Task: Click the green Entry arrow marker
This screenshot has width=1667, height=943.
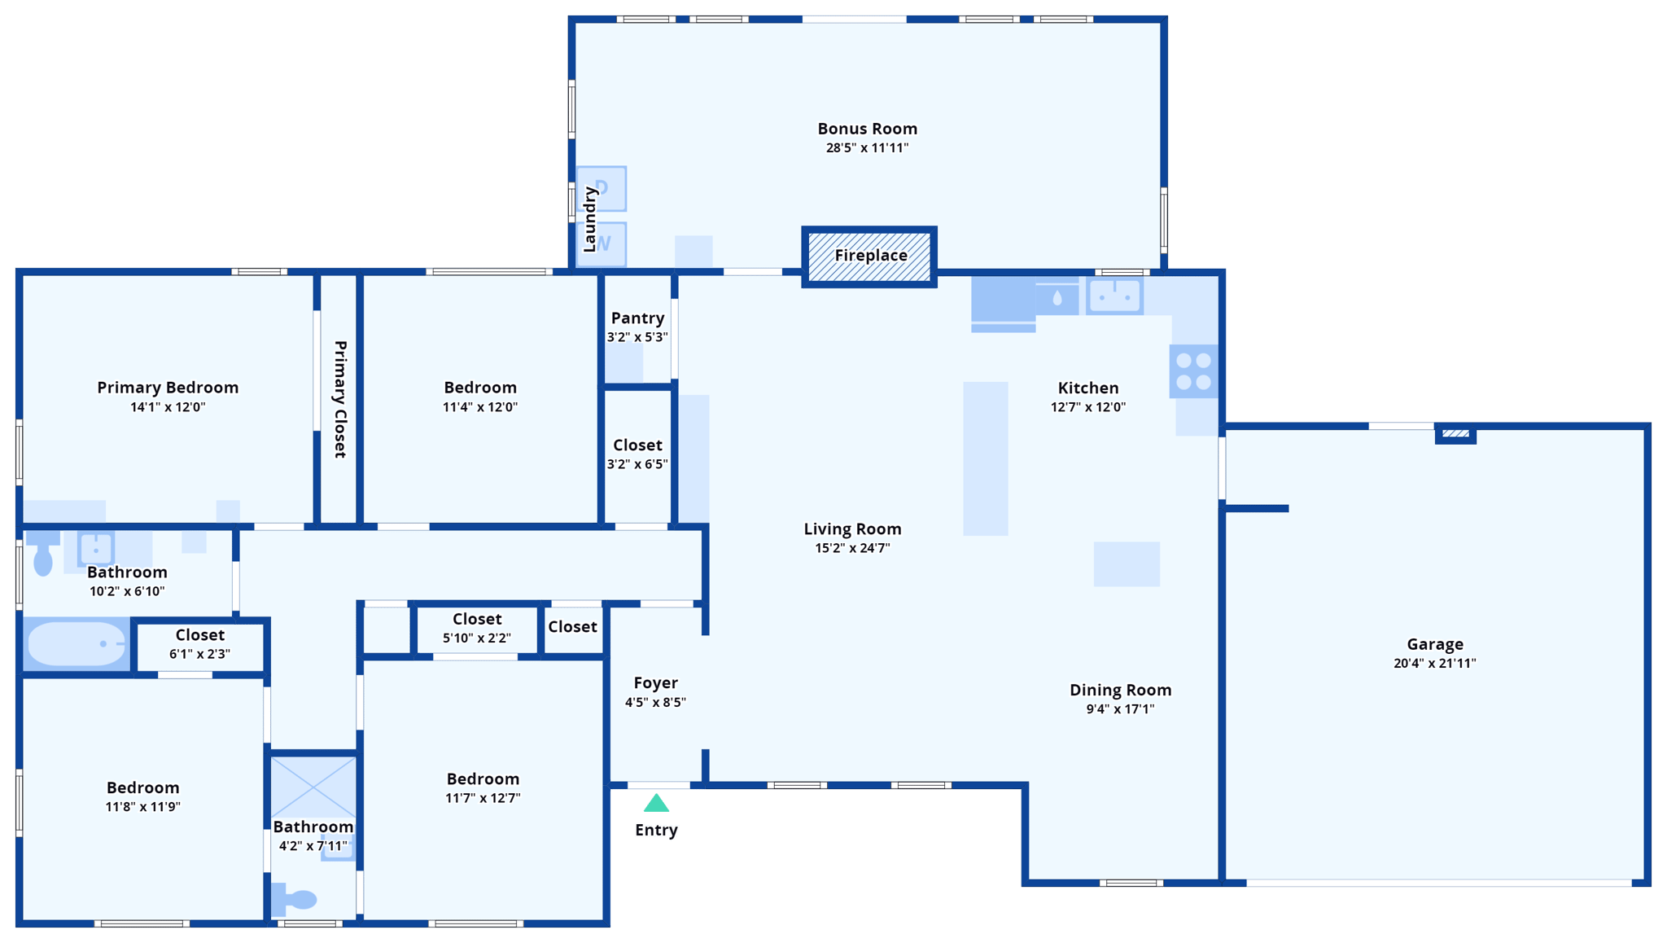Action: tap(656, 805)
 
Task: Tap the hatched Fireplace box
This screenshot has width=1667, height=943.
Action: tap(869, 257)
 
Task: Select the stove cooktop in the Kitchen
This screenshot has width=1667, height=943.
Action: tap(1193, 371)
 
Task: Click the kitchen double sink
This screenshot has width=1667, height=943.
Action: tap(1114, 296)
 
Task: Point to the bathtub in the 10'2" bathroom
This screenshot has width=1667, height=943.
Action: tap(77, 644)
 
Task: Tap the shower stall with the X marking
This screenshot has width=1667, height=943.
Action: tap(313, 787)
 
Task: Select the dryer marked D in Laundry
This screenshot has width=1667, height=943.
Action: tap(602, 188)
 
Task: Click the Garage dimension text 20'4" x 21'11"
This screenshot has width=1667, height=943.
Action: tap(1434, 664)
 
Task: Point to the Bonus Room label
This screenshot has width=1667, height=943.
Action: tap(867, 129)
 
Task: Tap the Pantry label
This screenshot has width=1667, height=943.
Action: tap(637, 318)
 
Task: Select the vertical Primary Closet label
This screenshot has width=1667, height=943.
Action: tap(340, 399)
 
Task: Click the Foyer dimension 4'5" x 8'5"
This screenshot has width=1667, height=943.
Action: tap(655, 702)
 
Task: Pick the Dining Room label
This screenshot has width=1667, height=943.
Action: tap(1120, 690)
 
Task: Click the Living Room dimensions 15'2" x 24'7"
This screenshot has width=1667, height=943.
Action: tap(852, 548)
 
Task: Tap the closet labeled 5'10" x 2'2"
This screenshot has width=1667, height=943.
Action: tap(477, 629)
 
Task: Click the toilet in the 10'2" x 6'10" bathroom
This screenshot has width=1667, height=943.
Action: tap(42, 555)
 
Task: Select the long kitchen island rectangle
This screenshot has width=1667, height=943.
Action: tap(985, 458)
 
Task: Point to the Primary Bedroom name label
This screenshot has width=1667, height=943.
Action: tap(168, 388)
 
